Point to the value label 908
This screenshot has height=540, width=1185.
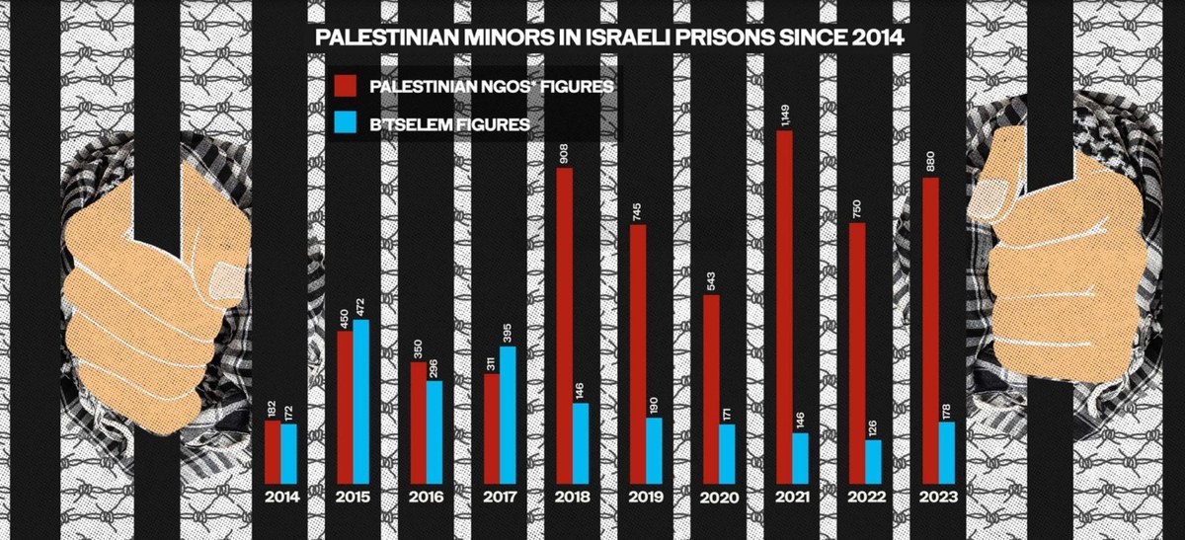(566, 155)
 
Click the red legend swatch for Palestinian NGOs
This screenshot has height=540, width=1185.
(346, 87)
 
